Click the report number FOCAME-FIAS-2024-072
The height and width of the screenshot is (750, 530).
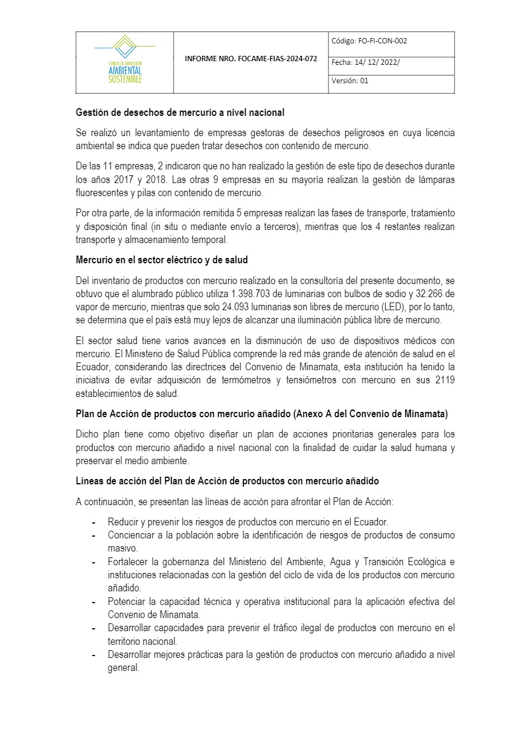(251, 59)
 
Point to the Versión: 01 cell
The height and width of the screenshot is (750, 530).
(350, 81)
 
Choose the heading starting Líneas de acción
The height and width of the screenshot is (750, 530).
(227, 481)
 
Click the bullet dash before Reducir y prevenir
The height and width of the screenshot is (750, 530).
(93, 522)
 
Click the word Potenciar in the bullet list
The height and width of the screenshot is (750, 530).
(126, 602)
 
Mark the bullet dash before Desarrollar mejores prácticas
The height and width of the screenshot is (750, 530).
(93, 655)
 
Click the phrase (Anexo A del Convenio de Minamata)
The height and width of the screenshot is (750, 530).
(374, 413)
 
